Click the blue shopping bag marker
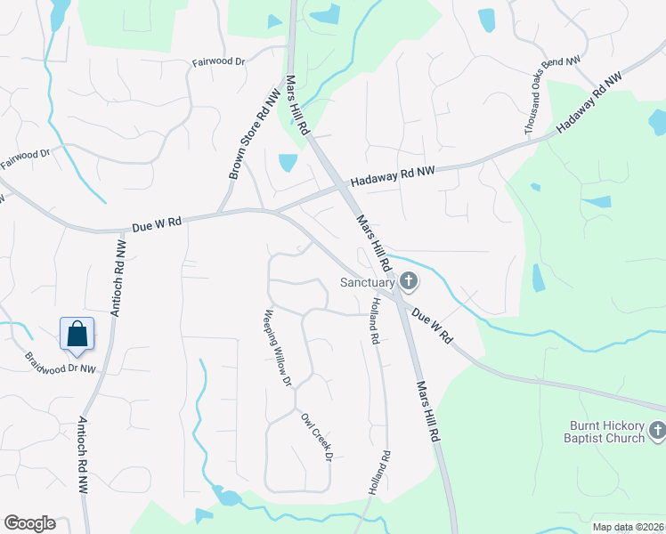(x=77, y=334)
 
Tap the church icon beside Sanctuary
(x=409, y=282)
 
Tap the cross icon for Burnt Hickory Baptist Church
(x=657, y=432)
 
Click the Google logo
(x=29, y=523)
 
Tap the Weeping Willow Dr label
(x=276, y=348)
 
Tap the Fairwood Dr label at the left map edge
(x=25, y=160)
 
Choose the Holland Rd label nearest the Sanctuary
(x=375, y=320)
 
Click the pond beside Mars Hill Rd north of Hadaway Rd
(x=288, y=163)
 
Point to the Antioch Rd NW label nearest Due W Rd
(x=117, y=277)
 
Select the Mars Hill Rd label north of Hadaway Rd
(x=297, y=106)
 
